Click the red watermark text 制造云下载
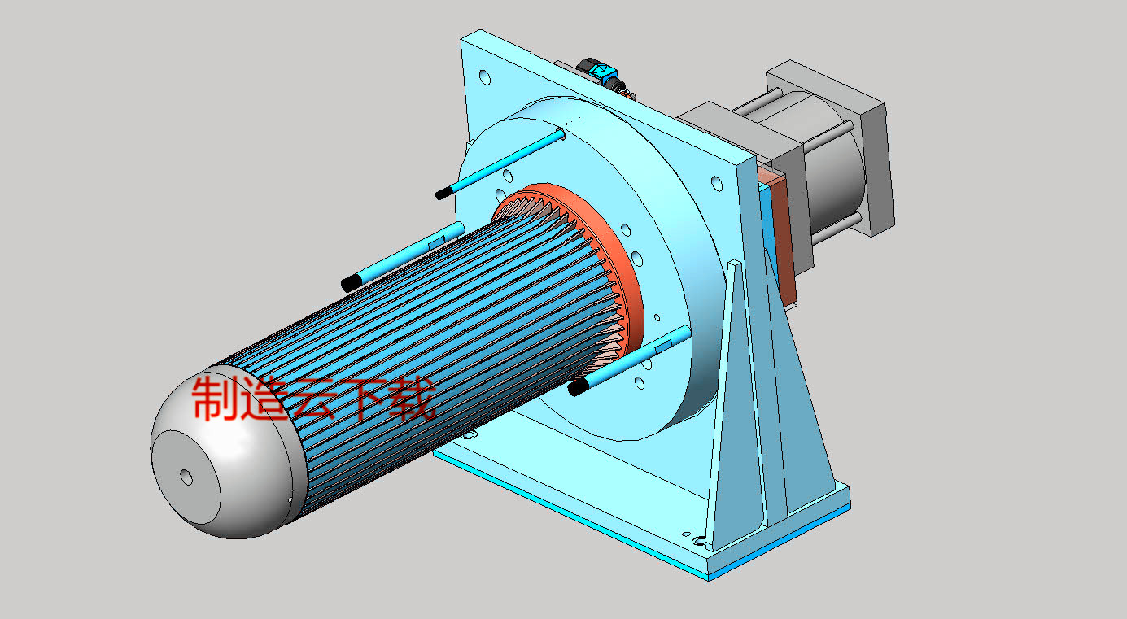pos(313,396)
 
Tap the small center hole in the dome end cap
pos(186,477)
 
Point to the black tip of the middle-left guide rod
pos(352,283)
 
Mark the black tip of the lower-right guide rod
pos(579,388)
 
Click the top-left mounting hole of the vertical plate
pos(485,78)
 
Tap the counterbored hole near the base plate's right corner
pos(698,539)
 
